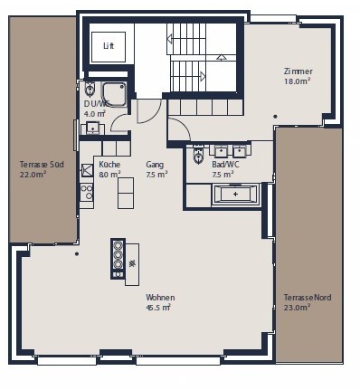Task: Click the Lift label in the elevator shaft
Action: [109, 46]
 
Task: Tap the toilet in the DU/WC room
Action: [90, 88]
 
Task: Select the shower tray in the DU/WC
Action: [114, 94]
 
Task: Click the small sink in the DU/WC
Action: [92, 128]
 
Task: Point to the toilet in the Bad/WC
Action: [198, 155]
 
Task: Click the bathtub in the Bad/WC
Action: [235, 194]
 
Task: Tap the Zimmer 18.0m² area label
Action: [298, 76]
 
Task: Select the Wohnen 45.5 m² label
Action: [160, 302]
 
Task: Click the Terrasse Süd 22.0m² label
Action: [42, 169]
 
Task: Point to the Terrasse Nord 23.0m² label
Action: [308, 302]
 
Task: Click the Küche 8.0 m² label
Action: [109, 169]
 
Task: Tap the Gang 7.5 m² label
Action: [156, 169]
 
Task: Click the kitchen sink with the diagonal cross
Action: [87, 169]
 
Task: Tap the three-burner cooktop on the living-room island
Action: [118, 258]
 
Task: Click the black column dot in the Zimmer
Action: [275, 117]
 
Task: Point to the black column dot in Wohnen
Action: [77, 254]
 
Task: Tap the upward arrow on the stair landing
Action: [222, 57]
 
